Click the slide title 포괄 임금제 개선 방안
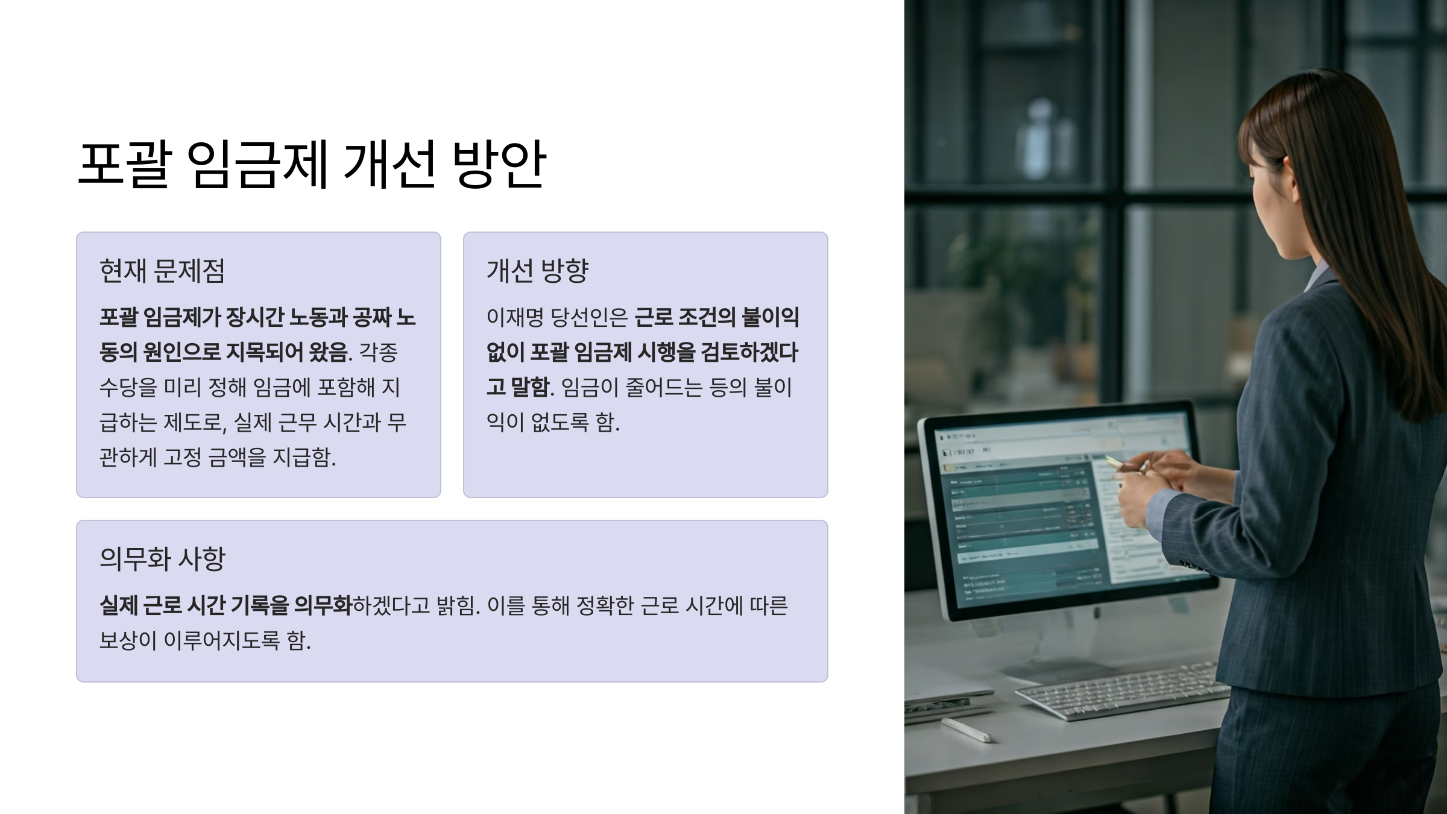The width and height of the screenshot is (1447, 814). click(312, 164)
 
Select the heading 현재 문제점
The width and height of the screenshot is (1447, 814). click(162, 271)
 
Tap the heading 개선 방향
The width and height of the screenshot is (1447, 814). click(537, 271)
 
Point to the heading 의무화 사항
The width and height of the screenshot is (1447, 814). click(162, 559)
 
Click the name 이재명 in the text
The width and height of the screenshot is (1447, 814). click(515, 318)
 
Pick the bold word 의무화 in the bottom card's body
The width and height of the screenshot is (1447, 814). click(322, 605)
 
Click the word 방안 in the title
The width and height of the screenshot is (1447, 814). click(499, 164)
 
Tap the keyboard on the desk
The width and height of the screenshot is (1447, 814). click(1121, 690)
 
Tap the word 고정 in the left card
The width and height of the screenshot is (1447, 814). click(183, 458)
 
